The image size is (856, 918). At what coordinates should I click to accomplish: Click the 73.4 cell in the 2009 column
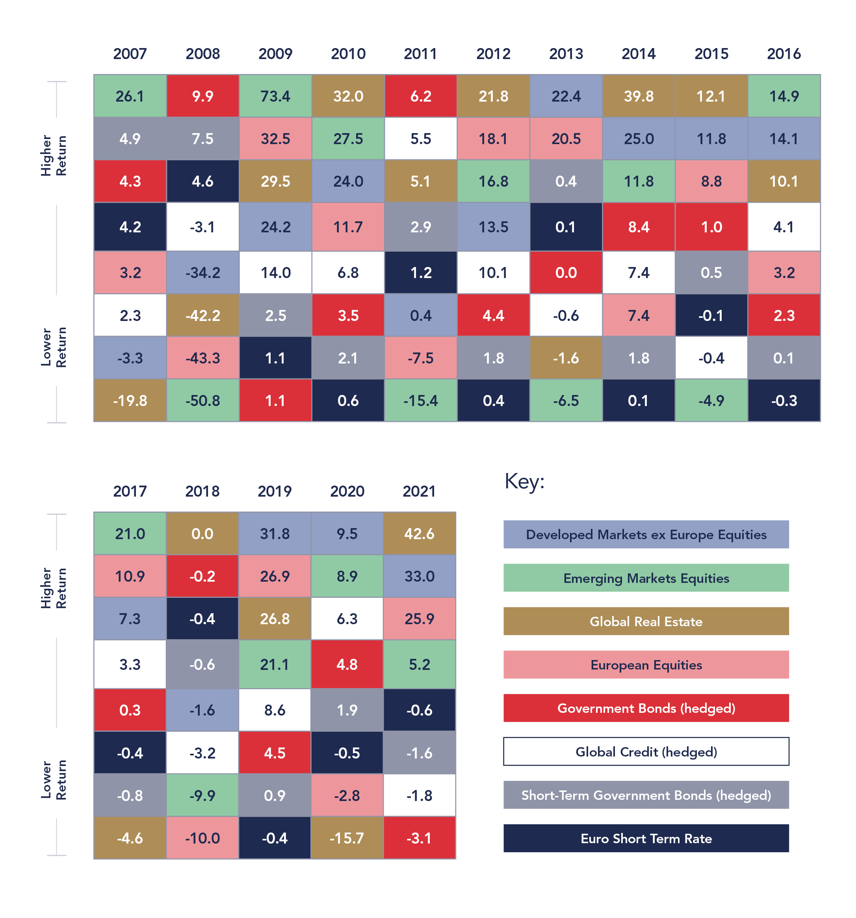click(275, 96)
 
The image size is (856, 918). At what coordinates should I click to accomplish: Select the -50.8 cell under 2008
click(202, 401)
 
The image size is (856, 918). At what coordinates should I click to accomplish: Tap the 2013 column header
click(566, 54)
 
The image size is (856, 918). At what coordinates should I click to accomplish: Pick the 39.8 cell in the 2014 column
click(639, 96)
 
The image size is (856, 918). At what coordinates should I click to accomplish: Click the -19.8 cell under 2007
click(130, 401)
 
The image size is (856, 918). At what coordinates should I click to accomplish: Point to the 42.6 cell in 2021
click(419, 533)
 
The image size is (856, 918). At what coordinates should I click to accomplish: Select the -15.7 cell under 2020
click(347, 838)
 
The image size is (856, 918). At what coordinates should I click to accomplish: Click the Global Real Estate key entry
click(646, 621)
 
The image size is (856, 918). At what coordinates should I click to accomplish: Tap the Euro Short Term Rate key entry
click(646, 838)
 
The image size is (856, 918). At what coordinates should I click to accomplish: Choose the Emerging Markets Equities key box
click(646, 578)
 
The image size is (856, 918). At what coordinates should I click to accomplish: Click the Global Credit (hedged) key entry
click(646, 751)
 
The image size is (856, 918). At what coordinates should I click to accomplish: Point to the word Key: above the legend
click(524, 481)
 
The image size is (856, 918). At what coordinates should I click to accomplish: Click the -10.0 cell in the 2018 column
click(202, 838)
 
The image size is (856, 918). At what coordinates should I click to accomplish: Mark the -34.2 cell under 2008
click(202, 273)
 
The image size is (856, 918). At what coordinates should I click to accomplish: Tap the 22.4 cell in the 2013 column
click(566, 96)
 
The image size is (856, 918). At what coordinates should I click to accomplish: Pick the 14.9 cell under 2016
click(784, 96)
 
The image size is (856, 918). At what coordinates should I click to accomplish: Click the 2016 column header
click(784, 54)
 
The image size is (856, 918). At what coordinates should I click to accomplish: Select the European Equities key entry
click(646, 664)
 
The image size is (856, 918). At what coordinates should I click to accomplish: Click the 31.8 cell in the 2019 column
click(275, 533)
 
